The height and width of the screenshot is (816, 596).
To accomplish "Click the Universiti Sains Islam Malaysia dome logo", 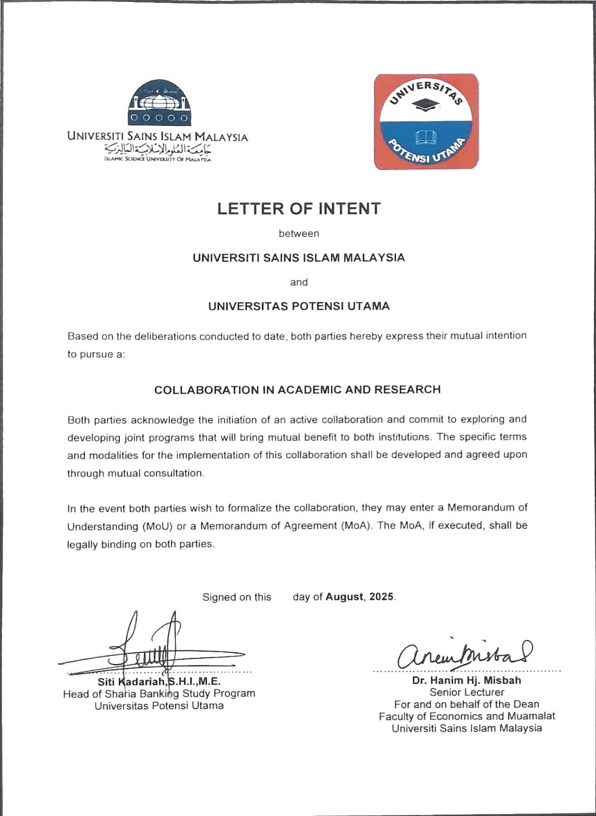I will pyautogui.click(x=160, y=104).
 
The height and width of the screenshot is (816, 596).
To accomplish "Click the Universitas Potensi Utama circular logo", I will pyautogui.click(x=426, y=121).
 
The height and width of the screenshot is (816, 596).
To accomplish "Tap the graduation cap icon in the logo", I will pyautogui.click(x=426, y=104).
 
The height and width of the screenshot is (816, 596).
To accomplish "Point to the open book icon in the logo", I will pyautogui.click(x=426, y=137).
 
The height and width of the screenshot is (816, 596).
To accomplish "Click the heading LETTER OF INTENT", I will pyautogui.click(x=299, y=209).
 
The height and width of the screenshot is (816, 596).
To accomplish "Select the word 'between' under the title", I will pyautogui.click(x=299, y=234).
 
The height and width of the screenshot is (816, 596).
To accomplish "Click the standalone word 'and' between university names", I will pyautogui.click(x=299, y=282).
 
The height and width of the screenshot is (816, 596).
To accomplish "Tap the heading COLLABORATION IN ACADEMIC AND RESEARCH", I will pyautogui.click(x=297, y=390).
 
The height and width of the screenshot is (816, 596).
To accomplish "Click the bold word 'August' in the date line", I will pyautogui.click(x=345, y=597).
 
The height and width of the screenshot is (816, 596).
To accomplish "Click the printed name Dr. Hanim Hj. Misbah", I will pyautogui.click(x=467, y=680).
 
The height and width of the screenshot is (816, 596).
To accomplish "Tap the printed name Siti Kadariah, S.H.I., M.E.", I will pyautogui.click(x=159, y=682).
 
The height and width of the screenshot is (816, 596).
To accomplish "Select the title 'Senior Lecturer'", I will pyautogui.click(x=467, y=693).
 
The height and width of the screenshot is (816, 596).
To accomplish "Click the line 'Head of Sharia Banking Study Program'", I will pyautogui.click(x=159, y=694).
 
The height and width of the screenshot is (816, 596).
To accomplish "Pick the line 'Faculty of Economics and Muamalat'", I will pyautogui.click(x=467, y=716).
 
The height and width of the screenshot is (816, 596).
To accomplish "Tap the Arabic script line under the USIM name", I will pyautogui.click(x=158, y=149).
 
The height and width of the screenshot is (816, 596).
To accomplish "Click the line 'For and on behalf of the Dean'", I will pyautogui.click(x=467, y=704).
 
